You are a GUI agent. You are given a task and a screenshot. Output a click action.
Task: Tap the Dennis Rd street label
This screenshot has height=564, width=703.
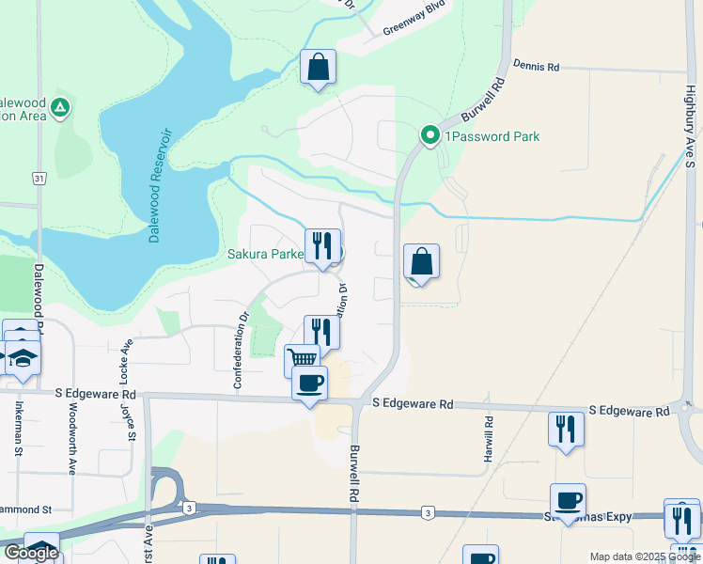(x=536, y=67)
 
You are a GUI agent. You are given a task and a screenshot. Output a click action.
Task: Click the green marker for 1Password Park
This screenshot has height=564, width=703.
(x=430, y=136)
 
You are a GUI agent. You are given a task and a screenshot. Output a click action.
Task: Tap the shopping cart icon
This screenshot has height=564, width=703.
(x=302, y=359)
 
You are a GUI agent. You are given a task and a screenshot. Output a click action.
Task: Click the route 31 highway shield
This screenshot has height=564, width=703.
(x=39, y=178)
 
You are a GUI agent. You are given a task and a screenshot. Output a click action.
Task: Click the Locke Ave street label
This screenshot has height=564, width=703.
(x=124, y=363)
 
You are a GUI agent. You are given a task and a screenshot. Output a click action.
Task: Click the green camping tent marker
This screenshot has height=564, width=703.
(x=59, y=108)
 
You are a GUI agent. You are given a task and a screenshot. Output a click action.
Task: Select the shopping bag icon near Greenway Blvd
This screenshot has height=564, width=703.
(x=319, y=67)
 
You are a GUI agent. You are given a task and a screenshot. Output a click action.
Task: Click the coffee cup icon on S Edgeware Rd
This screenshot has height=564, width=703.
(x=309, y=383)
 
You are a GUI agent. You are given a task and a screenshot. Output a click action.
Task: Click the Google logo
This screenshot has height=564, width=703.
(x=30, y=553)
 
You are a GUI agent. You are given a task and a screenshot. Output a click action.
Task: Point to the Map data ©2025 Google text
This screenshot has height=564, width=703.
(x=645, y=556)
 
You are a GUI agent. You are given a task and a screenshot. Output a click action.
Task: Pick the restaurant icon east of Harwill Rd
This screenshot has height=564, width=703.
(x=566, y=428)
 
